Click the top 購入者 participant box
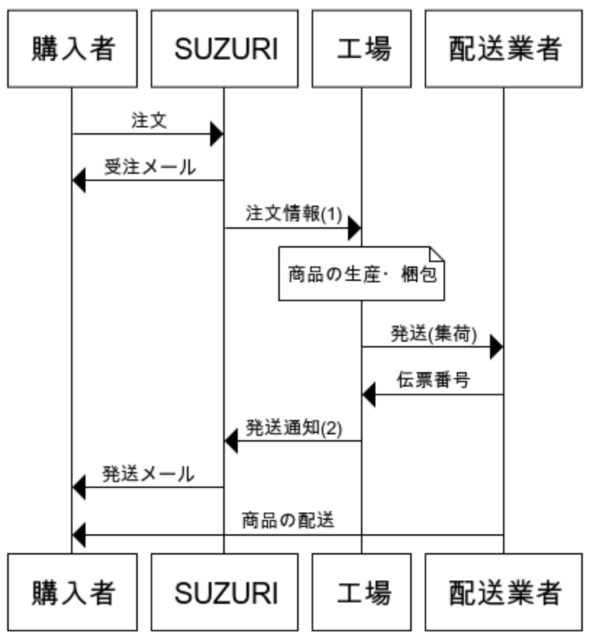coord(72,49)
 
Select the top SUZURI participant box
coord(225,49)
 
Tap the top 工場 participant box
coord(362,49)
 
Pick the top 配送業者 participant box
coord(504,49)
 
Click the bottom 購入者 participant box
coord(72,592)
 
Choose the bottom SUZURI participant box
coord(225,592)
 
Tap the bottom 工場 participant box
coord(362,592)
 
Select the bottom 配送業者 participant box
coord(504,592)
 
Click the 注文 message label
coord(149,120)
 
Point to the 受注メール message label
coord(149,167)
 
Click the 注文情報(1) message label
coord(293,215)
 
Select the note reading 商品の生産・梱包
coord(362,274)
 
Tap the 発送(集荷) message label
coord(433,334)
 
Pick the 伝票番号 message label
coord(433,381)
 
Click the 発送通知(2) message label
coord(293,428)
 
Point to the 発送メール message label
coord(148,475)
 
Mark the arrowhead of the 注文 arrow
coord(217,134)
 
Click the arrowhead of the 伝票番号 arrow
coord(368,395)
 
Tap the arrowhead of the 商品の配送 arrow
coord(78,536)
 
